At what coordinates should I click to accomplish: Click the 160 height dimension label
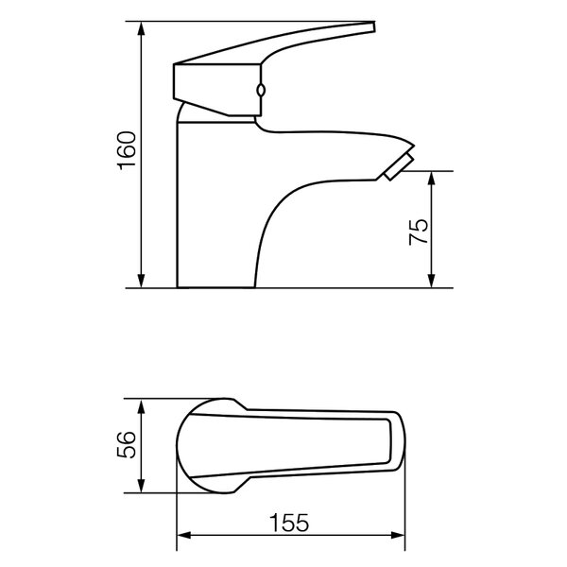point(127,150)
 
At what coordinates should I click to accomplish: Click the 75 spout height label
point(418,232)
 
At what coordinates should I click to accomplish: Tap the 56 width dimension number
point(127,444)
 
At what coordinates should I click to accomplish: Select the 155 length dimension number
point(289,523)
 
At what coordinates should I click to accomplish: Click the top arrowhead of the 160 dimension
point(142,28)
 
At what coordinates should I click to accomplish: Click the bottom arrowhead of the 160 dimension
point(142,281)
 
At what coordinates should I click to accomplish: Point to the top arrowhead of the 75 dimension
point(431,179)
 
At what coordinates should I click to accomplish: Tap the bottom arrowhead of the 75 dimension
point(431,281)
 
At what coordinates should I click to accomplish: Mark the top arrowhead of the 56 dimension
point(142,405)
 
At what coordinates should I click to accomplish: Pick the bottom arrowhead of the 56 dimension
point(142,486)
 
